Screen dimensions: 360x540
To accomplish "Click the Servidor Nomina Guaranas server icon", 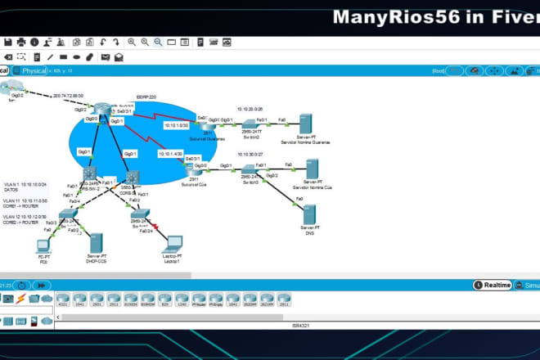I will click(x=305, y=123).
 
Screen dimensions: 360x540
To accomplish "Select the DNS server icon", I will click(x=308, y=214).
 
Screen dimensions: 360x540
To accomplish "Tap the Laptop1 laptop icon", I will click(x=173, y=244).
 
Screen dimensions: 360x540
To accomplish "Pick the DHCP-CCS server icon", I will click(x=97, y=243).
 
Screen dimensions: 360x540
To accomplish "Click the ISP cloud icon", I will click(x=11, y=87).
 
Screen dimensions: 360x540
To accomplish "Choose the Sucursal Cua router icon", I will click(x=195, y=171).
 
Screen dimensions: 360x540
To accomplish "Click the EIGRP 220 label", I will click(x=146, y=96).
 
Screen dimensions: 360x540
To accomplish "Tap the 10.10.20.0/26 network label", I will click(x=250, y=108).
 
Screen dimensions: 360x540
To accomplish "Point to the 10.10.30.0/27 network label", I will click(x=250, y=153).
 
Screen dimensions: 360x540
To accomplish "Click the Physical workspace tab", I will click(x=33, y=70).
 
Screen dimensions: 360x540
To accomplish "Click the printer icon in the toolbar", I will click(x=34, y=42).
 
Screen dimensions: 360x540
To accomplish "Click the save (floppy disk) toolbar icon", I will click(x=7, y=42).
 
